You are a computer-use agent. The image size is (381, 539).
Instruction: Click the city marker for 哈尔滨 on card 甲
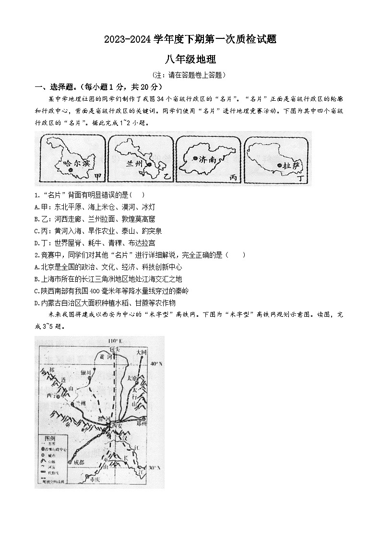pyautogui.click(x=71, y=170)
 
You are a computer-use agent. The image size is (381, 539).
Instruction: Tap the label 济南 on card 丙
pyautogui.click(x=208, y=160)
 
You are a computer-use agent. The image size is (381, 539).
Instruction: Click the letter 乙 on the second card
pyautogui.click(x=167, y=177)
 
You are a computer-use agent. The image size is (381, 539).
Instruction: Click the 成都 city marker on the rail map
pyautogui.click(x=71, y=463)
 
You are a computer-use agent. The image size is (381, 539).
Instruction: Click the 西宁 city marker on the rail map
pyautogui.click(x=59, y=397)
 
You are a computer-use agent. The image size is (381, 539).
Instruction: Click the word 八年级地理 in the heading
pyautogui.click(x=190, y=60)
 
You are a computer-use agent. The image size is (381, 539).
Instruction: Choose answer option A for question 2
pyautogui.click(x=108, y=267)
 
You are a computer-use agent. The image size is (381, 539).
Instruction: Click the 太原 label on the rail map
pyautogui.click(x=133, y=378)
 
